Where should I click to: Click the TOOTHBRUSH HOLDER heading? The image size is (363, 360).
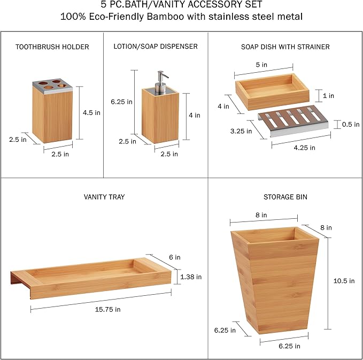click(52, 47)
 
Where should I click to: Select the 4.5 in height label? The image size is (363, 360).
click(91, 113)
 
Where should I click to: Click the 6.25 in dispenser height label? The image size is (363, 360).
click(121, 102)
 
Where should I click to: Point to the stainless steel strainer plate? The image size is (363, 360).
click(294, 121)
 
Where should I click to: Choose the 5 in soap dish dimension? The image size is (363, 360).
click(261, 65)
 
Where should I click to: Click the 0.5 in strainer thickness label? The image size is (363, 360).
click(351, 125)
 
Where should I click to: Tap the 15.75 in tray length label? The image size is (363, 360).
click(108, 310)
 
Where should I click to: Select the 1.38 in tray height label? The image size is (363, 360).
click(191, 277)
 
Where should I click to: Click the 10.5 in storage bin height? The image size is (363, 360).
click(344, 281)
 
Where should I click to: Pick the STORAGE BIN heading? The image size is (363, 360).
click(285, 197)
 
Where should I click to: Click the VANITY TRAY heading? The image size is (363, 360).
click(104, 197)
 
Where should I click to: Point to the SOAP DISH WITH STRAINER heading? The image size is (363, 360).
click(285, 47)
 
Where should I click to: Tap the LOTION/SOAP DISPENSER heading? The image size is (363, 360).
click(156, 47)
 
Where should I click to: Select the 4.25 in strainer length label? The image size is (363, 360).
click(304, 148)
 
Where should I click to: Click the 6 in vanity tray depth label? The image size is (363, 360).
click(175, 257)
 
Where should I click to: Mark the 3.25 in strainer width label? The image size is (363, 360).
click(241, 132)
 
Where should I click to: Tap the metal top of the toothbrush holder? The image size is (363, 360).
click(52, 86)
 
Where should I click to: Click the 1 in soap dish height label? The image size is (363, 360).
click(328, 96)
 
